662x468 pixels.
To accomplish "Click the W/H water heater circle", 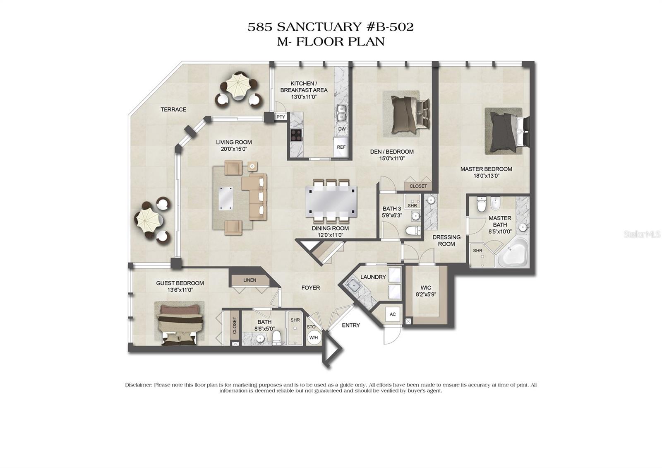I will pyautogui.click(x=314, y=338).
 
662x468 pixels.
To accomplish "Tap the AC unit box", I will pyautogui.click(x=392, y=314).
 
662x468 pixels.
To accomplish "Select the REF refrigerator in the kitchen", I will pyautogui.click(x=341, y=147).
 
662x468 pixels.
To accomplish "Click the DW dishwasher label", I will pyautogui.click(x=342, y=129).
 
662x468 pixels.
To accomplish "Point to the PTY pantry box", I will pyautogui.click(x=281, y=117).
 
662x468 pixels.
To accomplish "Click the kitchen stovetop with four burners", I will pyautogui.click(x=296, y=135).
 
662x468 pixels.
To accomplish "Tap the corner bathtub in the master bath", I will pyautogui.click(x=513, y=253).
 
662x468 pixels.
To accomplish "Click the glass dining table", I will pyautogui.click(x=331, y=201).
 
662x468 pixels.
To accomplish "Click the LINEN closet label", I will pyautogui.click(x=249, y=280).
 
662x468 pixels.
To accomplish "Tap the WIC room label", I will pyautogui.click(x=426, y=288).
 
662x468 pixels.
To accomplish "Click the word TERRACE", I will pyautogui.click(x=173, y=109).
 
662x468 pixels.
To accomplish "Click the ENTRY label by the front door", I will pyautogui.click(x=350, y=325).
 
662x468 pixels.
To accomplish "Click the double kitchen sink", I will pyautogui.click(x=341, y=112).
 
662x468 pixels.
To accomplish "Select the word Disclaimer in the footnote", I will pyautogui.click(x=139, y=385).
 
